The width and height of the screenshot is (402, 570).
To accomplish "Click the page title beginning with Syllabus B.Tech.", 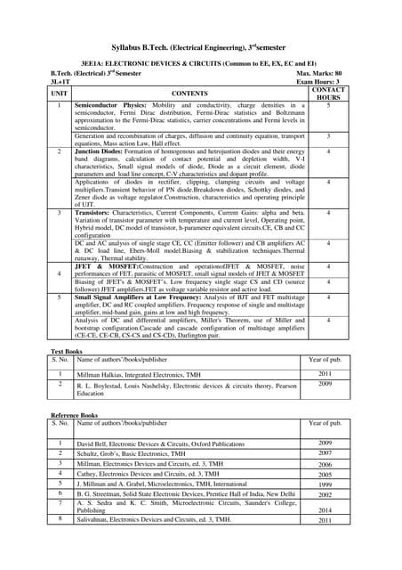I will coord(201,45).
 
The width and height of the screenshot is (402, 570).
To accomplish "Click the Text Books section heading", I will coord(67,354).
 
